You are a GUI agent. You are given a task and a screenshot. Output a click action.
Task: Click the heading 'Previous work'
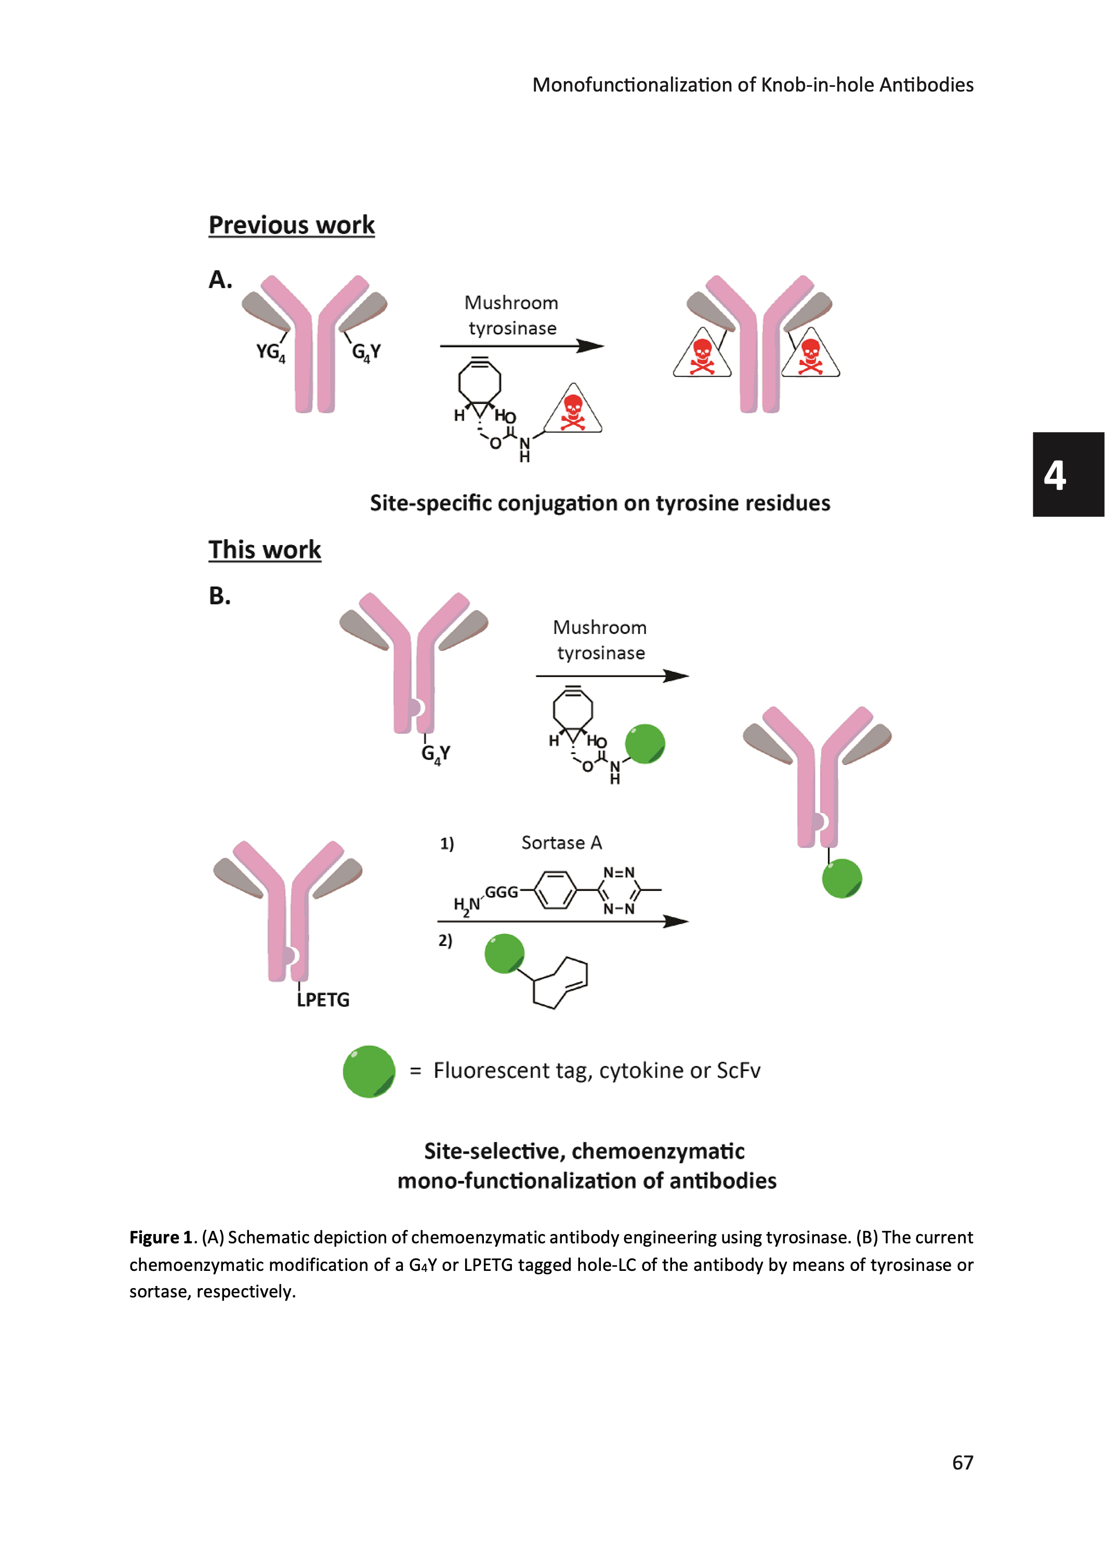tap(291, 225)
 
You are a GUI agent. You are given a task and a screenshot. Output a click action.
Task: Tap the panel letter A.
tap(219, 280)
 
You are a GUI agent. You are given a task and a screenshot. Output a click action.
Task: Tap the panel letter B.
tap(219, 596)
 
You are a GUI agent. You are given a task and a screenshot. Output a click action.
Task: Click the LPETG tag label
tap(323, 1000)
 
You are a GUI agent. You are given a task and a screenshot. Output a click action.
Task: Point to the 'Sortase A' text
tap(561, 843)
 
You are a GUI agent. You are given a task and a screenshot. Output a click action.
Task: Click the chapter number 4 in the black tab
tap(1055, 475)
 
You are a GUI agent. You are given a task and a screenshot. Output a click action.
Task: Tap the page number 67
tap(962, 1463)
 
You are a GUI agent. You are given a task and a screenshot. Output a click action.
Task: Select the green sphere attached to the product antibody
tap(841, 879)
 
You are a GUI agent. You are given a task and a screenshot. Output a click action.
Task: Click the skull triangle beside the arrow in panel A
tap(573, 410)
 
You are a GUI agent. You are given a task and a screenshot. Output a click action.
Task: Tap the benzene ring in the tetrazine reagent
tap(555, 890)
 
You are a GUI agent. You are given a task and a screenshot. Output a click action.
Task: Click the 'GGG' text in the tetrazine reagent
tap(502, 892)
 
